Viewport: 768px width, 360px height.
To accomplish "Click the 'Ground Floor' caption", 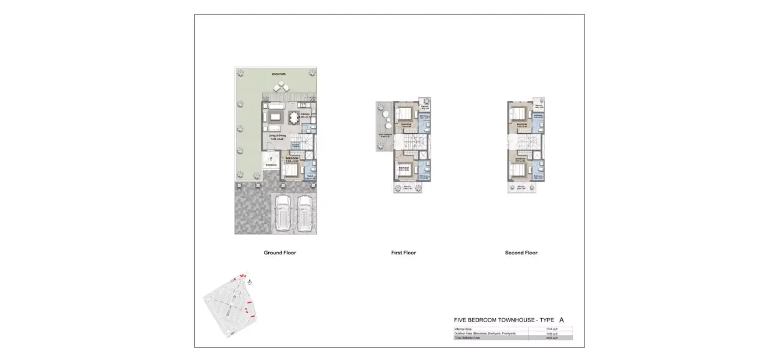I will pos(280,253).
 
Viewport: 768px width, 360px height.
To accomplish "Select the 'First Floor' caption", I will pos(403,253).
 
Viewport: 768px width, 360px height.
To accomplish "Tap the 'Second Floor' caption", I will pos(521,253).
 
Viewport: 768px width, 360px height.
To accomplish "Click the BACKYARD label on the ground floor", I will pos(278,74).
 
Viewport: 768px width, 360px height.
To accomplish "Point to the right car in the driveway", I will pos(304,213).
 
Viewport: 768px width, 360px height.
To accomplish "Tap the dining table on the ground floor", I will pos(293,116).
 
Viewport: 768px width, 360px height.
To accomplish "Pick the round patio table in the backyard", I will pos(280,89).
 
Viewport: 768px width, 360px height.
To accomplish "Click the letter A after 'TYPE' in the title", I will pos(561,320).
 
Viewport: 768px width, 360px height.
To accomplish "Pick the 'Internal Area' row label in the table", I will pos(463,329).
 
